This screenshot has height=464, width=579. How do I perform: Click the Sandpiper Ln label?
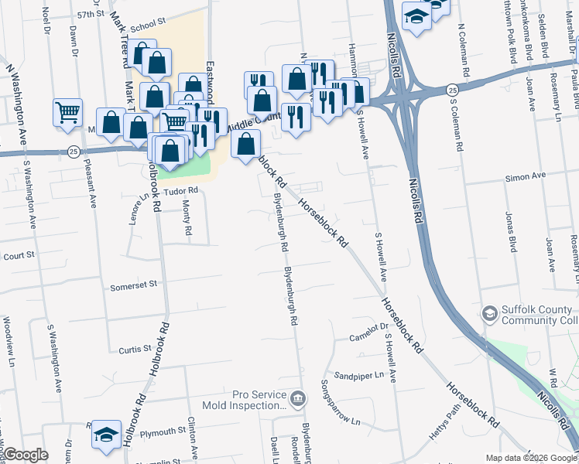363,375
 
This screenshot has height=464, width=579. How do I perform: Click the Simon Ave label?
526,177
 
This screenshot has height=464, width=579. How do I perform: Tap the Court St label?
19,255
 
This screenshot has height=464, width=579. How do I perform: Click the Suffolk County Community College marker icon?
489,313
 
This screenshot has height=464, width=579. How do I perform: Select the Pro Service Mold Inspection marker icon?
300,399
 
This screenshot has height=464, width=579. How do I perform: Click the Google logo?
26,455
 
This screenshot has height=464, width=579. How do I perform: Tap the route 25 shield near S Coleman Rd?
451,90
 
